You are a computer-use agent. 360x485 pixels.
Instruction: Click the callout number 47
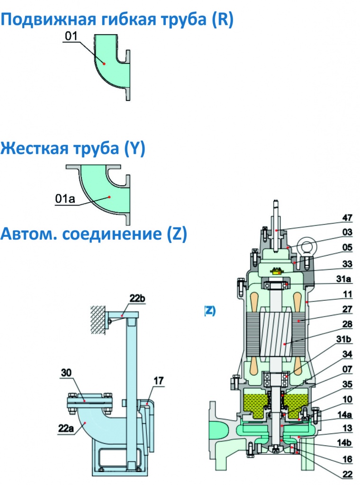(347, 217)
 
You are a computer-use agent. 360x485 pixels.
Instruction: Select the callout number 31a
(343, 278)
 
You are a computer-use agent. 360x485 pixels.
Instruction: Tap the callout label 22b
(137, 298)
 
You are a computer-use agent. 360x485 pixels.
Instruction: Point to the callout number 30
(66, 373)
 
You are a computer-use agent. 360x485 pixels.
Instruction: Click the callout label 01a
(65, 198)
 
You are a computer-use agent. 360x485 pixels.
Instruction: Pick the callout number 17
(158, 381)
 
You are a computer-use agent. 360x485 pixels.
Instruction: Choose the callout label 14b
(344, 443)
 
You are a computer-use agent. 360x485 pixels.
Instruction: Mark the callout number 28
(347, 324)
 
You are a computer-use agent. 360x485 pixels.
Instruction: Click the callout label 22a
(66, 428)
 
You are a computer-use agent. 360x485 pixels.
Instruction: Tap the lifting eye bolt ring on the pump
(305, 247)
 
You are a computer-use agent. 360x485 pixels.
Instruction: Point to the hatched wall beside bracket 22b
(98, 320)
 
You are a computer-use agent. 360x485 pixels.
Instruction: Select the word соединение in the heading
(112, 234)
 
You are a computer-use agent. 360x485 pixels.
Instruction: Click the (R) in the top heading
(223, 19)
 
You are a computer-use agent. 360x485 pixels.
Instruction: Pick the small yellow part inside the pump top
(276, 271)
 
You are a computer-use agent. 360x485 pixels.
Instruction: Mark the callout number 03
(347, 232)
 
